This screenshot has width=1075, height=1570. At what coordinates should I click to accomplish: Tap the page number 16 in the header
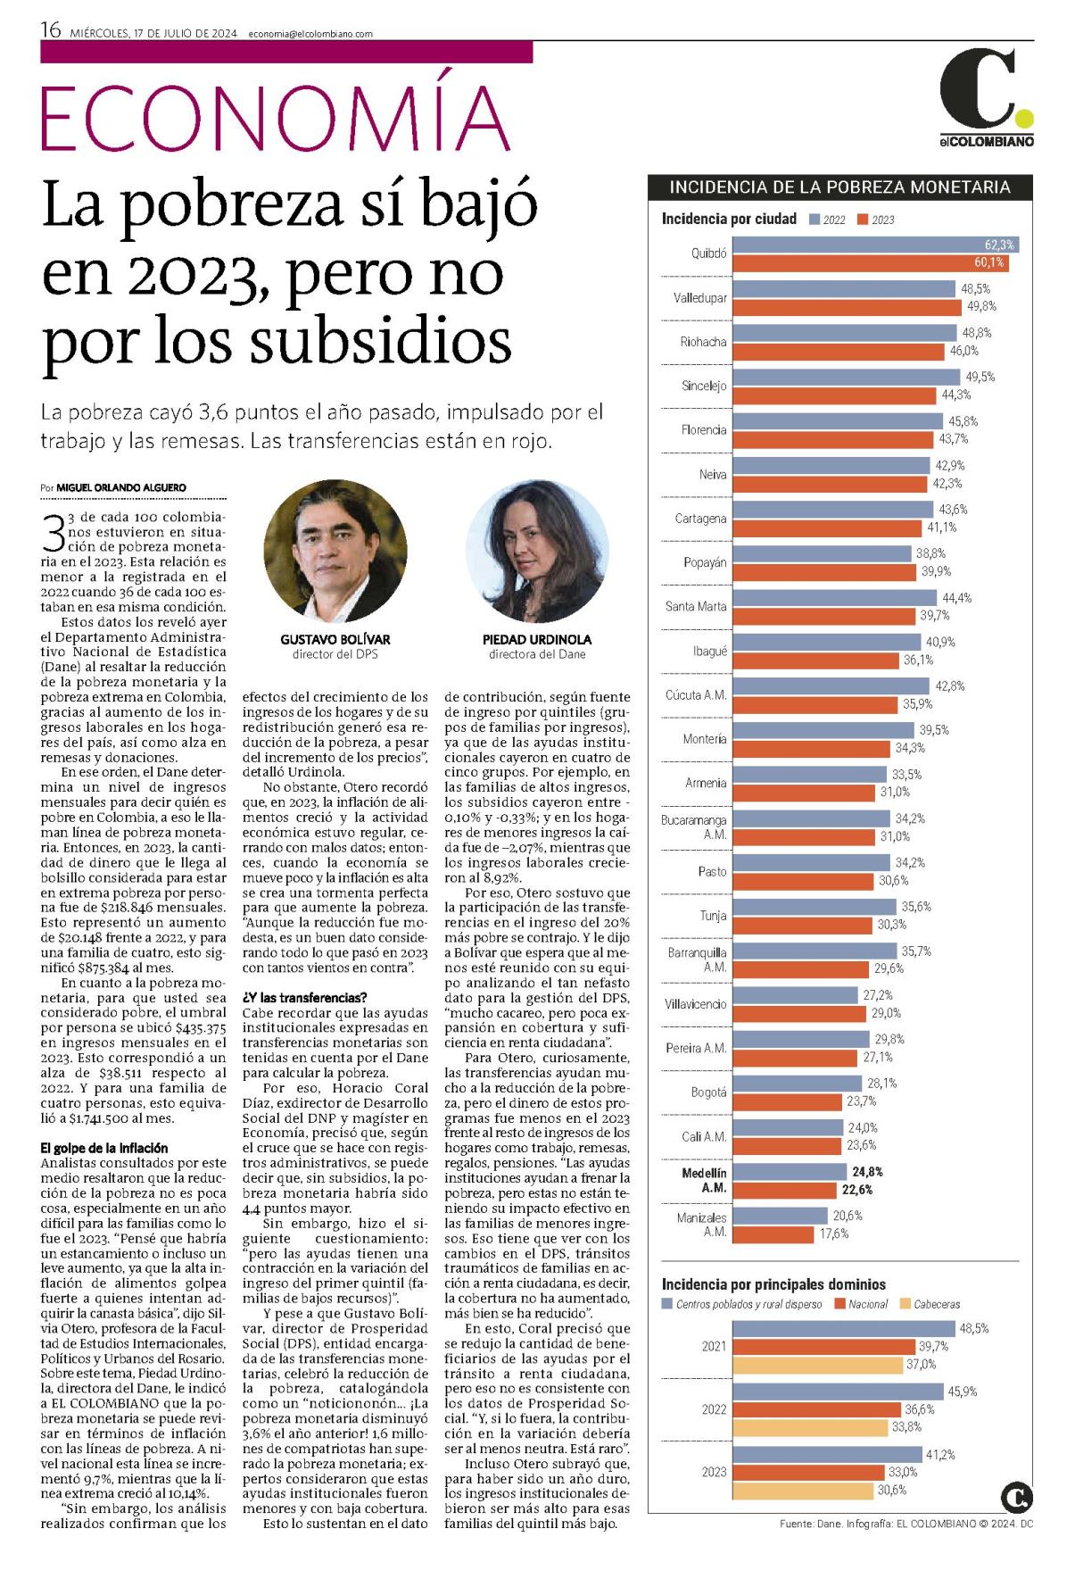50,30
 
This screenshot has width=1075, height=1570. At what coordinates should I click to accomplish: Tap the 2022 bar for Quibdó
875,245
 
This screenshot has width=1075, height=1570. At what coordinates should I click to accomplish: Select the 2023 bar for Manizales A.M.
773,1234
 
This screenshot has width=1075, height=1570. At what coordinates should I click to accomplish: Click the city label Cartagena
700,519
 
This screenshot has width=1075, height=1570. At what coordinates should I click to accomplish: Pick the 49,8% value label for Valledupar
978,306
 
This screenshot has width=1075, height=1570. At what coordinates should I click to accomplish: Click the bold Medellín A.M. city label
705,1180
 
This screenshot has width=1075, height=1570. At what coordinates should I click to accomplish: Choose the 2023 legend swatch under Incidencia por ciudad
862,220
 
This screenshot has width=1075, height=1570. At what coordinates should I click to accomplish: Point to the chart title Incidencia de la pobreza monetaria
839,187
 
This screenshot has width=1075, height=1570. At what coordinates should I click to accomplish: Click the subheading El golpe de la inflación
104,1148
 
